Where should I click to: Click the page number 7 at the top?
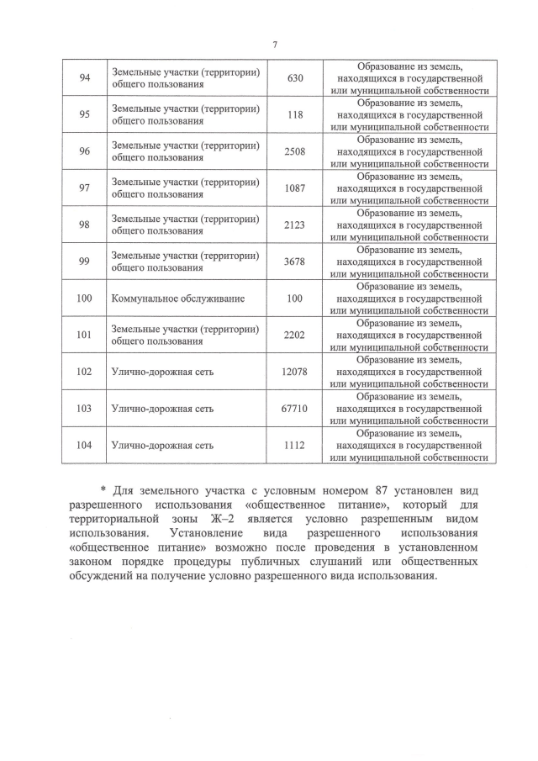[275, 45]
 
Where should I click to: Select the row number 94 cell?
[84, 78]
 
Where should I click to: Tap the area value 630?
[294, 78]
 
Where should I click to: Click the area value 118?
[294, 115]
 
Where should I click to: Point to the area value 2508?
[294, 151]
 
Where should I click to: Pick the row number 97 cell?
[84, 188]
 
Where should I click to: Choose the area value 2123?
[294, 225]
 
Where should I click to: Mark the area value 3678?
[294, 262]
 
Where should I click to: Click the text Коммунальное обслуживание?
[166, 299]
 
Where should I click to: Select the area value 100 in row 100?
[294, 299]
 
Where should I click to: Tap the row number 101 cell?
[84, 335]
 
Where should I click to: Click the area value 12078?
[294, 372]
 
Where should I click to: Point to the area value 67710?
[294, 409]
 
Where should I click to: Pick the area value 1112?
[294, 446]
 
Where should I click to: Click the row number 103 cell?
[84, 409]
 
